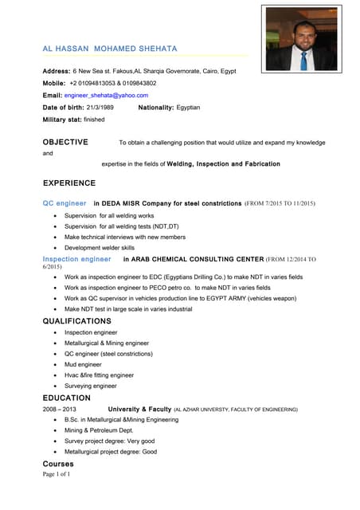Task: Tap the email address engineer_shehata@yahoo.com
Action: [x=106, y=95]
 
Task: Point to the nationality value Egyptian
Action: [x=188, y=107]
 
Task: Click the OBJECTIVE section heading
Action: [x=65, y=142]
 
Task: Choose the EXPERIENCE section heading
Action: [x=68, y=182]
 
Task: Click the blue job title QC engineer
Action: [x=65, y=203]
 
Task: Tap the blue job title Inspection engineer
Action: [x=76, y=259]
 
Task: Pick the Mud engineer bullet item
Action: [x=84, y=364]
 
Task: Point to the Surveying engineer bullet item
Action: [x=91, y=386]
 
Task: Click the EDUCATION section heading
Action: [x=66, y=398]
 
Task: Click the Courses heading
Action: [x=58, y=464]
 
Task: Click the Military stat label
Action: [x=61, y=119]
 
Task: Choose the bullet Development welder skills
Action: [x=100, y=248]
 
